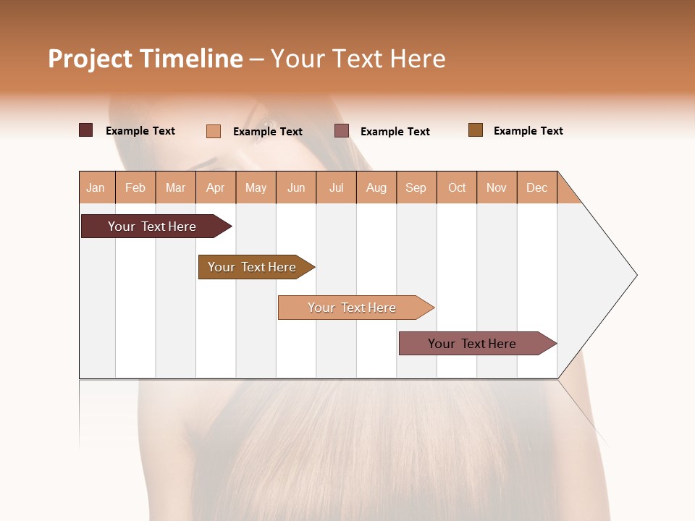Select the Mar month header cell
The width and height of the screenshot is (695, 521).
(x=175, y=187)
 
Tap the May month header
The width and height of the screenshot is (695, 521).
(x=256, y=187)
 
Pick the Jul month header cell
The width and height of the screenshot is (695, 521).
(x=336, y=187)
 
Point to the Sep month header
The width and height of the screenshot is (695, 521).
(x=416, y=187)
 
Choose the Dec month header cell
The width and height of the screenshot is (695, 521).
(x=536, y=187)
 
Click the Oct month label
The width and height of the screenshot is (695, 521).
(x=457, y=187)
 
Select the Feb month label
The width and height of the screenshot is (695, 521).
(x=135, y=187)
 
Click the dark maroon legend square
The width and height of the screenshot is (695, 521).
(x=86, y=130)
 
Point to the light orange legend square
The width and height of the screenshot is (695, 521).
(x=213, y=131)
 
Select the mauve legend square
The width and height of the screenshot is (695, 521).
(x=342, y=131)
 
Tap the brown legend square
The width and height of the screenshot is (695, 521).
(x=476, y=130)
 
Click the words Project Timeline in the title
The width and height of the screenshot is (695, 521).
(x=145, y=59)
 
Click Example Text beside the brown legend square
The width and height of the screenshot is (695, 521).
(x=528, y=131)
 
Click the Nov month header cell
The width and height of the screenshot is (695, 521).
(x=497, y=187)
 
